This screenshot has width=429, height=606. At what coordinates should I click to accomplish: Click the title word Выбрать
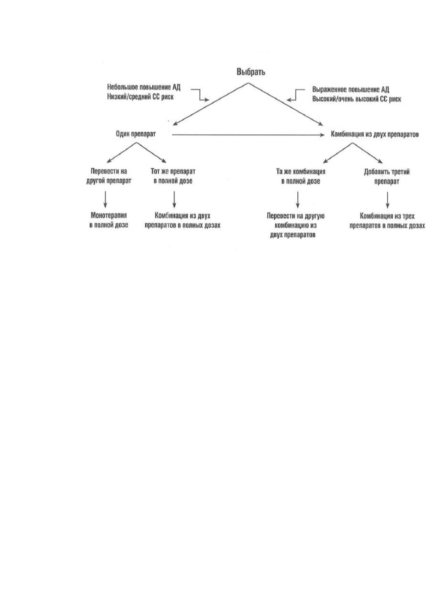[251, 72]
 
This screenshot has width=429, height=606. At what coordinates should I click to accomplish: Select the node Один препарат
[136, 134]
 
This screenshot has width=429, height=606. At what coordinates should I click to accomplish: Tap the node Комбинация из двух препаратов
[375, 134]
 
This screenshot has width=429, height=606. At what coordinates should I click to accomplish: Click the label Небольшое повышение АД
[144, 87]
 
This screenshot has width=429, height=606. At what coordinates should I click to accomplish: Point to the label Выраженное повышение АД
[351, 89]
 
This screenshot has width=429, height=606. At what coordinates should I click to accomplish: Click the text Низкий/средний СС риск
[140, 96]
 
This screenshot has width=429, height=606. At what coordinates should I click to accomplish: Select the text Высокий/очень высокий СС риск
[357, 99]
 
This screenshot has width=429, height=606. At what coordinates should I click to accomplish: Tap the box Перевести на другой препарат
[108, 176]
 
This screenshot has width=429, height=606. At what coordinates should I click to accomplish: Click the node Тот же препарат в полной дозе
[173, 176]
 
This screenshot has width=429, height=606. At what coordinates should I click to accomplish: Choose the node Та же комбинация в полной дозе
[301, 176]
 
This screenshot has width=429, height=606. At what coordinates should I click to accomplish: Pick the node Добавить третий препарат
[387, 177]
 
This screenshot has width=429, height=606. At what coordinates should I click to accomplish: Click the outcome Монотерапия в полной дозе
[108, 220]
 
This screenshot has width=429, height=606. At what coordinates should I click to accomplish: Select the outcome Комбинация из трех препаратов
[387, 221]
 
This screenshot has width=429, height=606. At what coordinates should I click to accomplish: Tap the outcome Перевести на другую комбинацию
[295, 225]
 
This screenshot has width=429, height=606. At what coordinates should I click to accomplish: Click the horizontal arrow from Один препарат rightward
[248, 135]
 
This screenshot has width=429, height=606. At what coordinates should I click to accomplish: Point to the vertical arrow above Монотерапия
[105, 199]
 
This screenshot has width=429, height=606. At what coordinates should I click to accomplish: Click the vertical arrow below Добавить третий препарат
[388, 200]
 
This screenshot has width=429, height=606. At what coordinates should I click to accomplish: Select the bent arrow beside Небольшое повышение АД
[200, 95]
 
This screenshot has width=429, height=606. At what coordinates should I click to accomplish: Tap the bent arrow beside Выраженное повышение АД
[296, 95]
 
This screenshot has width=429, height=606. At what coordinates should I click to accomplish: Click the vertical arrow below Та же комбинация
[298, 200]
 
